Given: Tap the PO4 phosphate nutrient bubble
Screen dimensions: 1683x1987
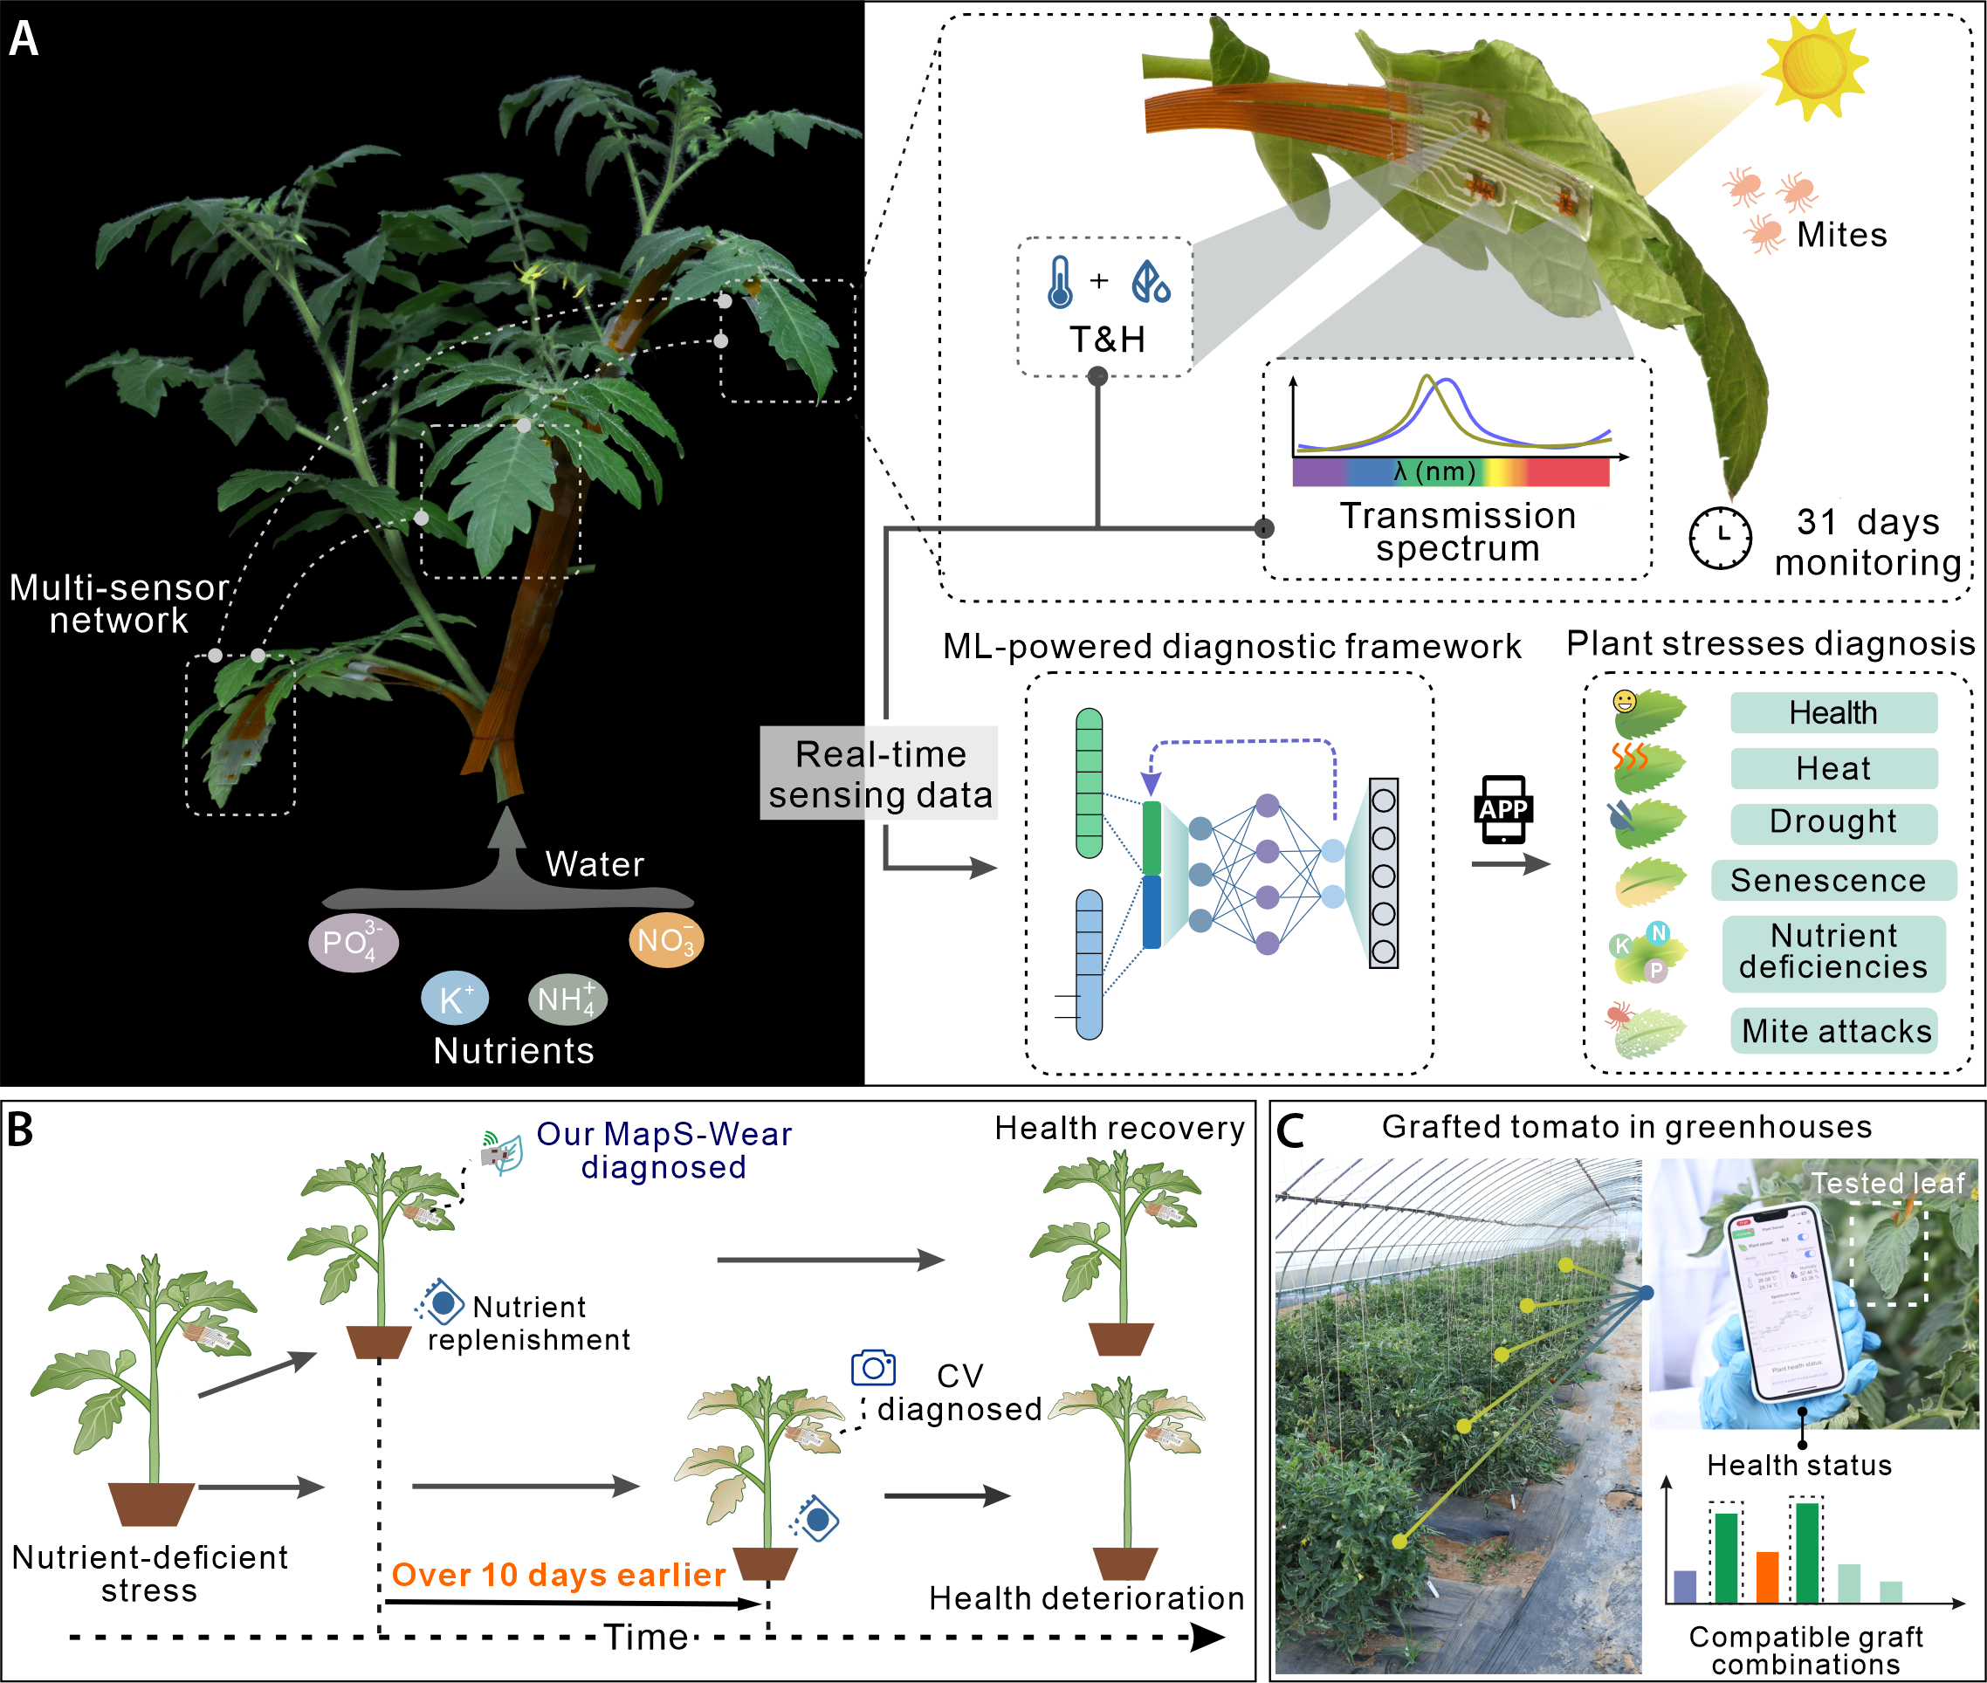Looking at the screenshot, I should pyautogui.click(x=353, y=943).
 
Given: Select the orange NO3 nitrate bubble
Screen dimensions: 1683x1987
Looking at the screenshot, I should pyautogui.click(x=666, y=941).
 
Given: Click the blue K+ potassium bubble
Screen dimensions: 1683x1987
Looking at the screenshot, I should pyautogui.click(x=454, y=999).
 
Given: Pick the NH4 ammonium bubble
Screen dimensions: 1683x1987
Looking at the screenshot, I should pyautogui.click(x=567, y=999).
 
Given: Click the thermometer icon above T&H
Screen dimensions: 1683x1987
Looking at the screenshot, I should pyautogui.click(x=1059, y=283).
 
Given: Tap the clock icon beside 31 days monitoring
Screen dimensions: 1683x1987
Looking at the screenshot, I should pyautogui.click(x=1720, y=538).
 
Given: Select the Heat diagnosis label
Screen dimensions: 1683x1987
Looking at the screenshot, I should pyautogui.click(x=1833, y=768).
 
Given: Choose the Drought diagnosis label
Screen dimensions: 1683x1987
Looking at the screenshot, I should pyautogui.click(x=1833, y=822).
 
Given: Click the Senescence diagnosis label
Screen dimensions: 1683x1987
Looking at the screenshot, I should pyautogui.click(x=1832, y=880).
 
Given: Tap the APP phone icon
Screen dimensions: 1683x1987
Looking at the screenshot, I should pyautogui.click(x=1503, y=810).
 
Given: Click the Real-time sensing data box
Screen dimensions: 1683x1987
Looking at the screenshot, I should pyautogui.click(x=879, y=773).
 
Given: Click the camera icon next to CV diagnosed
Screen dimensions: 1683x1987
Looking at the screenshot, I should pyautogui.click(x=873, y=1368).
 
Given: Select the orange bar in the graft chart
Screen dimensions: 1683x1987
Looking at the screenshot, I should pyautogui.click(x=1768, y=1578).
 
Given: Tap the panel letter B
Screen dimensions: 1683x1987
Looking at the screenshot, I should pyautogui.click(x=20, y=1130).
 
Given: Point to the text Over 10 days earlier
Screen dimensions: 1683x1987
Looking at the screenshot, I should pyautogui.click(x=559, y=1575).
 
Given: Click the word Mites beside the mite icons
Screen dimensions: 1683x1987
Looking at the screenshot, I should pyautogui.click(x=1841, y=235).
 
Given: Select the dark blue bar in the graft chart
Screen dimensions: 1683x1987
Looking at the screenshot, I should pyautogui.click(x=1686, y=1587).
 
